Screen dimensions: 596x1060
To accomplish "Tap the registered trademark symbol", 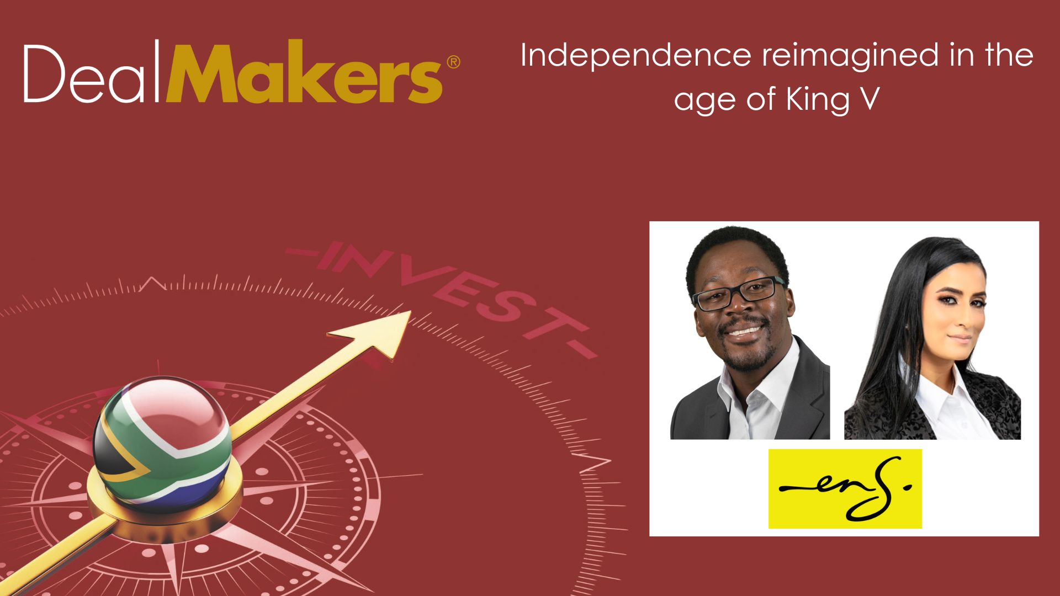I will pos(452,62).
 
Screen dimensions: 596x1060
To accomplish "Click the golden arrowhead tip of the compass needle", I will pos(406,316).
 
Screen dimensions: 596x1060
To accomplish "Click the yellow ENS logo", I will pos(845,488).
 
